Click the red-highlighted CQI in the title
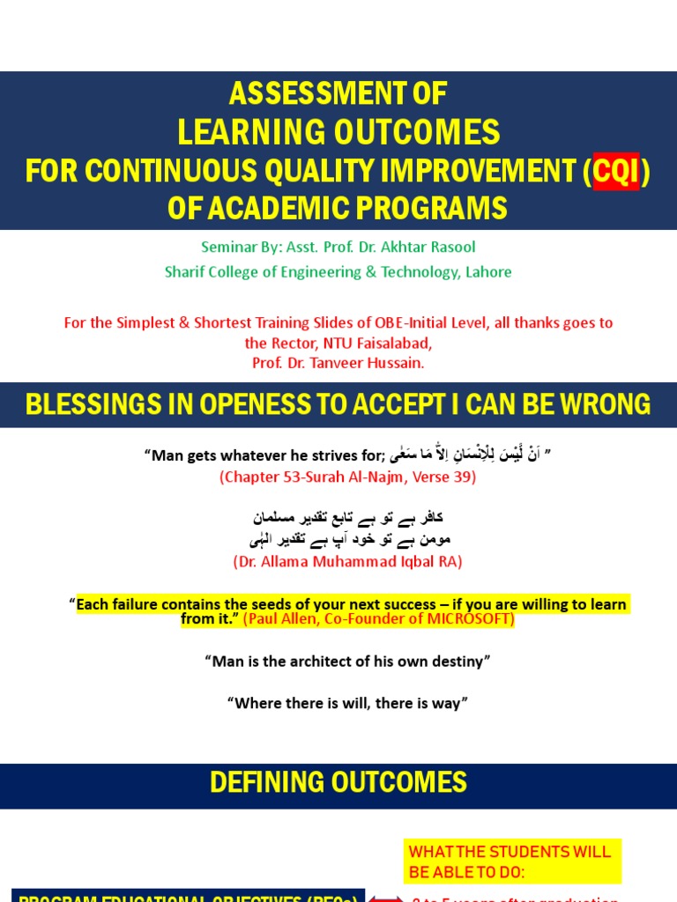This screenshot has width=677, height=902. click(615, 171)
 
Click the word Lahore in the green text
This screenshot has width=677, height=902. click(487, 271)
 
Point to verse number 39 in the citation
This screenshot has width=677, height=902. click(466, 477)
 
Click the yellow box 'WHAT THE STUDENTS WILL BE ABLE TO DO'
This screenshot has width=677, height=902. click(512, 861)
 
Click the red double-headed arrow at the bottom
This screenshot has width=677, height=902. click(384, 898)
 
